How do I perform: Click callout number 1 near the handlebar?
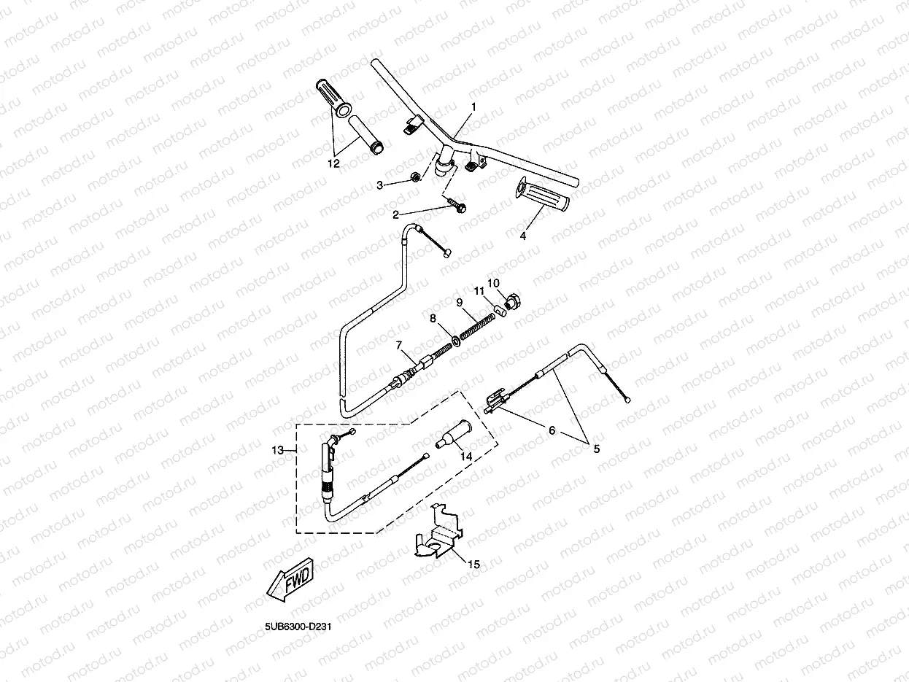[473, 106]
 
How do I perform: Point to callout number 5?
[596, 449]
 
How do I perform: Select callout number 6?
[552, 431]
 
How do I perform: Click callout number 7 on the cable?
[399, 345]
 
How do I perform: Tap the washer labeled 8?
[454, 339]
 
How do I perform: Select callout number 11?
[479, 291]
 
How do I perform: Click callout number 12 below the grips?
[333, 164]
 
